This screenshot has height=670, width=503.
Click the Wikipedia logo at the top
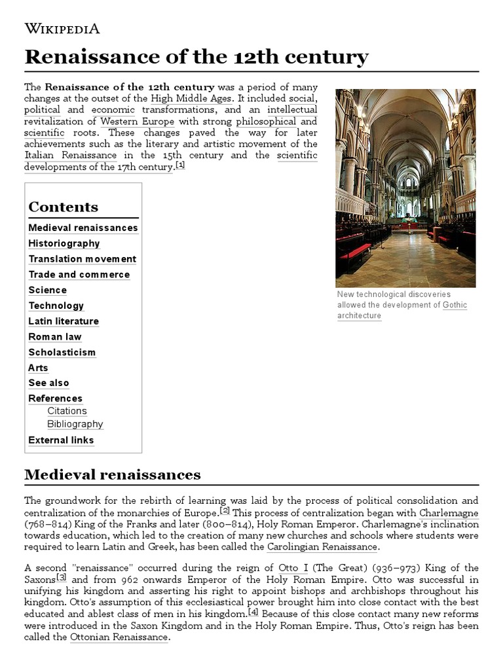tap(62, 28)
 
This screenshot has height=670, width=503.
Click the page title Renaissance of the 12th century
tap(196, 57)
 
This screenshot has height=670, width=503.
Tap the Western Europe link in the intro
tap(137, 121)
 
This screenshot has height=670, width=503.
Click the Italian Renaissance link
tap(71, 155)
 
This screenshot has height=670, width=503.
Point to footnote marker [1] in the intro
tap(180, 166)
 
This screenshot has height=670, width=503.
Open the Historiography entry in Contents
tap(64, 243)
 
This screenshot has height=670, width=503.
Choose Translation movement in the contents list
tap(82, 259)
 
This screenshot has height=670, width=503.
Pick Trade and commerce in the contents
tap(79, 274)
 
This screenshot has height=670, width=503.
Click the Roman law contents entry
tap(55, 336)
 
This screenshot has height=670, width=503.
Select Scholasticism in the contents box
tap(62, 352)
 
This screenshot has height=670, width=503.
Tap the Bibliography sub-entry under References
tap(75, 424)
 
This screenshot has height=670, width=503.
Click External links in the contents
tap(61, 440)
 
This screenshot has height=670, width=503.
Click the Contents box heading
tap(63, 207)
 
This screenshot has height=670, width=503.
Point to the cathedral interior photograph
tap(405, 188)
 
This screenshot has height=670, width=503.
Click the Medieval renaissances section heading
tap(112, 474)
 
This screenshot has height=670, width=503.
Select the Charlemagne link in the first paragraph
tap(449, 513)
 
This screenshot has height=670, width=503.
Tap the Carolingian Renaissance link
tap(322, 547)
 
